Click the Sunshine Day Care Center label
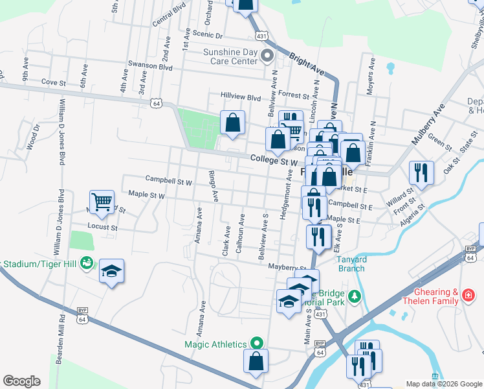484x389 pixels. pos(230,56)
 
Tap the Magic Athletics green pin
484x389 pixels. pos(257,343)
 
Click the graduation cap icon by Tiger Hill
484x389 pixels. pos(111,271)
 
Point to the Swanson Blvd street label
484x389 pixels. pos(150,67)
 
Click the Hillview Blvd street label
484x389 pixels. pos(243,95)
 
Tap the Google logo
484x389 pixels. pos(21,381)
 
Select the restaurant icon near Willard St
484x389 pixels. pos(421,172)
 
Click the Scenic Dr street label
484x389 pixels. pos(208,35)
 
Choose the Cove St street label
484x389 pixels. pos(54,83)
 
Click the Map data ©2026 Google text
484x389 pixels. pos(443,384)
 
